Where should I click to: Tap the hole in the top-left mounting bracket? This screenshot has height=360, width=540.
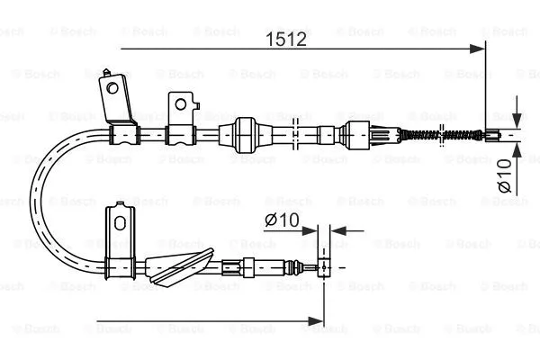pyautogui.click(x=112, y=87)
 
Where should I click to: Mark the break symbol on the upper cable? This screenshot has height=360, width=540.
pyautogui.click(x=296, y=134)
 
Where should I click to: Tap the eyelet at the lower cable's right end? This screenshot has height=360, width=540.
pyautogui.click(x=322, y=266)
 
